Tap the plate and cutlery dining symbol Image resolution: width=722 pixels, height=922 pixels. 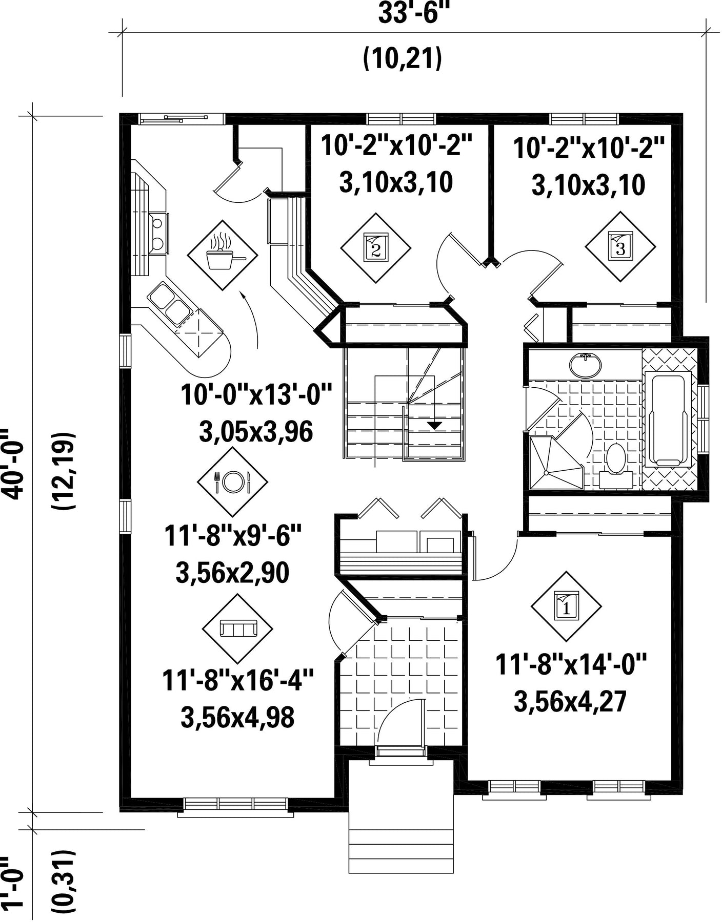233,481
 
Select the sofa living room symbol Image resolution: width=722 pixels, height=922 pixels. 237,628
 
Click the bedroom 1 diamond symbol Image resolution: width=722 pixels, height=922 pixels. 566,606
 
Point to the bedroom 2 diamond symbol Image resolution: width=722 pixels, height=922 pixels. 376,248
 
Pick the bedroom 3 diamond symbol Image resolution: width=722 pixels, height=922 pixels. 620,246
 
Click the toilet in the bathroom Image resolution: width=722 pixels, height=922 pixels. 615,464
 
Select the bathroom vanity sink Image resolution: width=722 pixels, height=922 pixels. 585,365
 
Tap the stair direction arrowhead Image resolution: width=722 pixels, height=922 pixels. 435,425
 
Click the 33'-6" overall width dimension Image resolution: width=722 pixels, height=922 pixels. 410,14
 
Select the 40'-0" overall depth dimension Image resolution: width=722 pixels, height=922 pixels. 15,463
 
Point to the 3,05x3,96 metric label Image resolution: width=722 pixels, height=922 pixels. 255,433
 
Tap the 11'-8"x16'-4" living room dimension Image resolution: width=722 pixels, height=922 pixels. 238,680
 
